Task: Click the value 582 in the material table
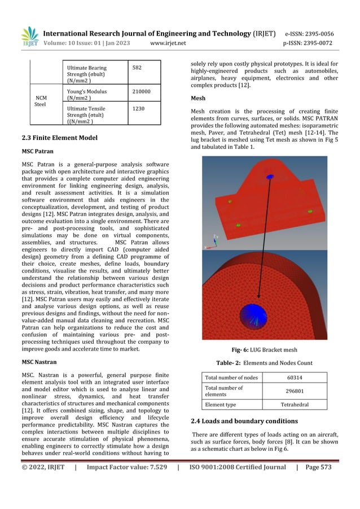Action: (137, 68)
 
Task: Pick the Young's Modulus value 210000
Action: (141, 90)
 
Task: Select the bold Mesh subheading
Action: (199, 98)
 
